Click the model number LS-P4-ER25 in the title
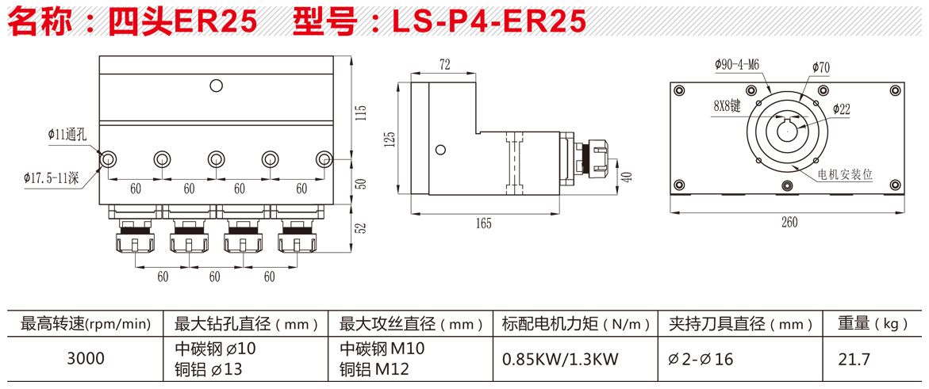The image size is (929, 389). click(x=489, y=21)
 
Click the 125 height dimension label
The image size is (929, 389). click(x=390, y=140)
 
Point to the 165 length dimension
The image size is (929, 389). click(x=483, y=223)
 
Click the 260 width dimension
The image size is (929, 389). click(x=789, y=223)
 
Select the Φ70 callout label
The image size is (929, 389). click(x=820, y=68)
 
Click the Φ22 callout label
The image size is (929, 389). click(x=841, y=110)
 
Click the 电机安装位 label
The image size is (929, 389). click(x=845, y=175)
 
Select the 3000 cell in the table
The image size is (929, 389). click(x=86, y=359)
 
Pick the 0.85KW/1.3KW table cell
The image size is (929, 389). click(x=560, y=359)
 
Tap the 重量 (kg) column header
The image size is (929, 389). click(x=873, y=323)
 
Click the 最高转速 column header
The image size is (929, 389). click(x=86, y=323)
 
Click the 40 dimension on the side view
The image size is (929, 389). click(x=627, y=177)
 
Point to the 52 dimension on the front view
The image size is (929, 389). click(x=361, y=227)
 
